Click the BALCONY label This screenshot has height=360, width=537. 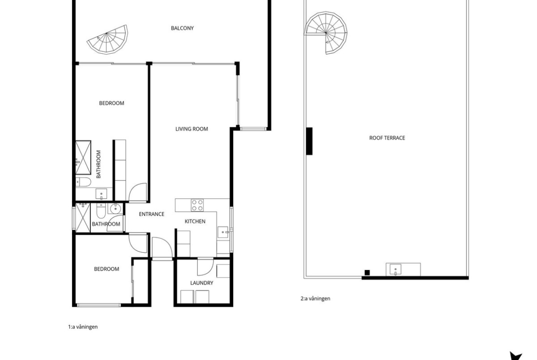coord(182,28)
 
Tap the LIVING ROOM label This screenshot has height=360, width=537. coord(191,129)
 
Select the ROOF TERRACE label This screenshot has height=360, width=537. coord(387,138)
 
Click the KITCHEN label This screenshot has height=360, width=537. coord(195,222)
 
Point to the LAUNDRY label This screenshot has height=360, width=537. coord(201,283)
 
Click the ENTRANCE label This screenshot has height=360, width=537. coord(151,214)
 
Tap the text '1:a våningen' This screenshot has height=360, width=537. coord(83,327)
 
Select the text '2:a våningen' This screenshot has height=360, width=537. coord(315,299)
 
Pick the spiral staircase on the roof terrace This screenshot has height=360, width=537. coord(326,33)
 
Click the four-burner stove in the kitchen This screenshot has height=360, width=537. coord(197,205)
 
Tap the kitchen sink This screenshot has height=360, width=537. coord(223,232)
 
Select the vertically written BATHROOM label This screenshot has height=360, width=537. coord(99,164)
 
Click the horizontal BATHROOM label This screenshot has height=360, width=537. coord(106,224)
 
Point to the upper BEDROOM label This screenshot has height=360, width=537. coord(112,103)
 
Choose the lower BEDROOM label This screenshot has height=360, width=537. coord(106,269)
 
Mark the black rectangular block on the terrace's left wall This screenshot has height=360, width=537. coord(309,141)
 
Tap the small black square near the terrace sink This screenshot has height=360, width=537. coord(367,273)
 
